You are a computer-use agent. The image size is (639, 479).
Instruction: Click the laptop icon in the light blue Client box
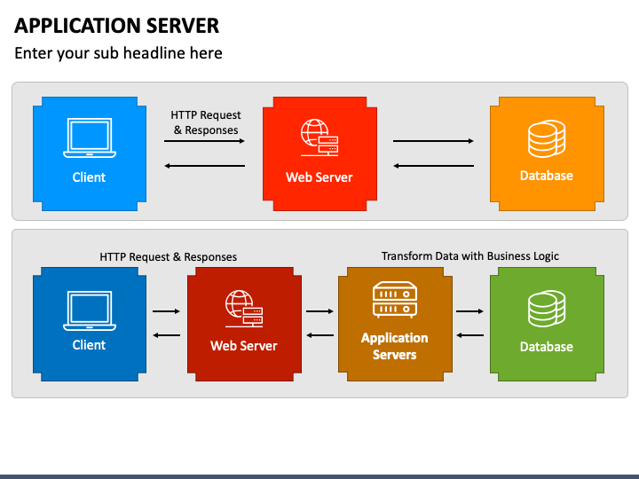[x=90, y=137]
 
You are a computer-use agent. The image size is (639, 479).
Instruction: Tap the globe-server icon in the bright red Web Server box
[x=319, y=137]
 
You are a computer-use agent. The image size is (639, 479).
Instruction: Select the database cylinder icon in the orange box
[x=547, y=138]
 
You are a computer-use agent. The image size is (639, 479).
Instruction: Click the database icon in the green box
[x=547, y=309]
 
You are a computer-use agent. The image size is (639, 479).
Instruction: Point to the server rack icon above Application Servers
[x=394, y=300]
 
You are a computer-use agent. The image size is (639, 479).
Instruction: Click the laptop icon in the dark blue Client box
[x=90, y=310]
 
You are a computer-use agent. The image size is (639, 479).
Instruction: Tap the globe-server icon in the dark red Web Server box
[x=244, y=309]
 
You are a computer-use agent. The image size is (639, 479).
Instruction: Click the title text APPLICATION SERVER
[x=116, y=26]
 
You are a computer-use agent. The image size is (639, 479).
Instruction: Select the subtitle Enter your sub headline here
[x=118, y=53]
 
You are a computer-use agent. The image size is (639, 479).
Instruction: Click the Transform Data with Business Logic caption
[x=469, y=255]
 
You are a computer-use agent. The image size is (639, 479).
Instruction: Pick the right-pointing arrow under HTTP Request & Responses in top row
[x=204, y=141]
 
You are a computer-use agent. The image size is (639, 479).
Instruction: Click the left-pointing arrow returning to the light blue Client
[x=205, y=166]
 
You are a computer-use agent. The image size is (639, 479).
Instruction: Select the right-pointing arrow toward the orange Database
[x=433, y=141]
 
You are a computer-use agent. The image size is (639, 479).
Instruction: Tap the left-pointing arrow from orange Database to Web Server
[x=434, y=166]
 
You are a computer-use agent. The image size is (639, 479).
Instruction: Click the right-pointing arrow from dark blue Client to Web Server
[x=166, y=311]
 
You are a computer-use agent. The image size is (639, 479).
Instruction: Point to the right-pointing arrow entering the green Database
[x=469, y=311]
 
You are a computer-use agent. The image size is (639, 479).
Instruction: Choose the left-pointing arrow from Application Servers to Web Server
[x=319, y=335]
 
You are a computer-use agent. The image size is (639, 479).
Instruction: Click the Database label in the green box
[x=547, y=347]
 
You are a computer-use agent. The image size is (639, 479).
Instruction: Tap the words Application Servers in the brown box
[x=394, y=346]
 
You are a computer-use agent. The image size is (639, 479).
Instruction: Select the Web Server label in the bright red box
[x=319, y=177]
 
